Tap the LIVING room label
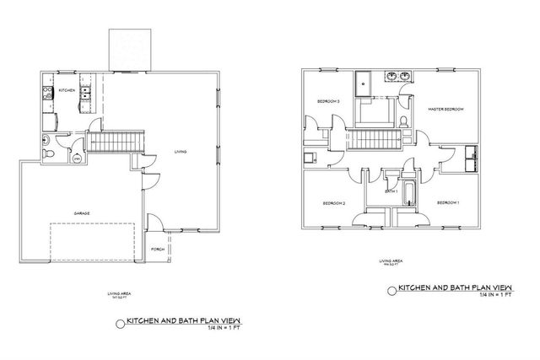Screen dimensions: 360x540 click(181, 152)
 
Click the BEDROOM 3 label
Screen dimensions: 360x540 click(328, 102)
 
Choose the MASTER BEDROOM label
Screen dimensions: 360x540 click(446, 109)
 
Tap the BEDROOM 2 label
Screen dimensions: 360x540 click(334, 203)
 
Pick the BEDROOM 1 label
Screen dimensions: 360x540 click(448, 203)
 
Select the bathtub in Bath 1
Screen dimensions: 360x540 click(411, 194)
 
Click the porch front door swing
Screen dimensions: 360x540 click(154, 223)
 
